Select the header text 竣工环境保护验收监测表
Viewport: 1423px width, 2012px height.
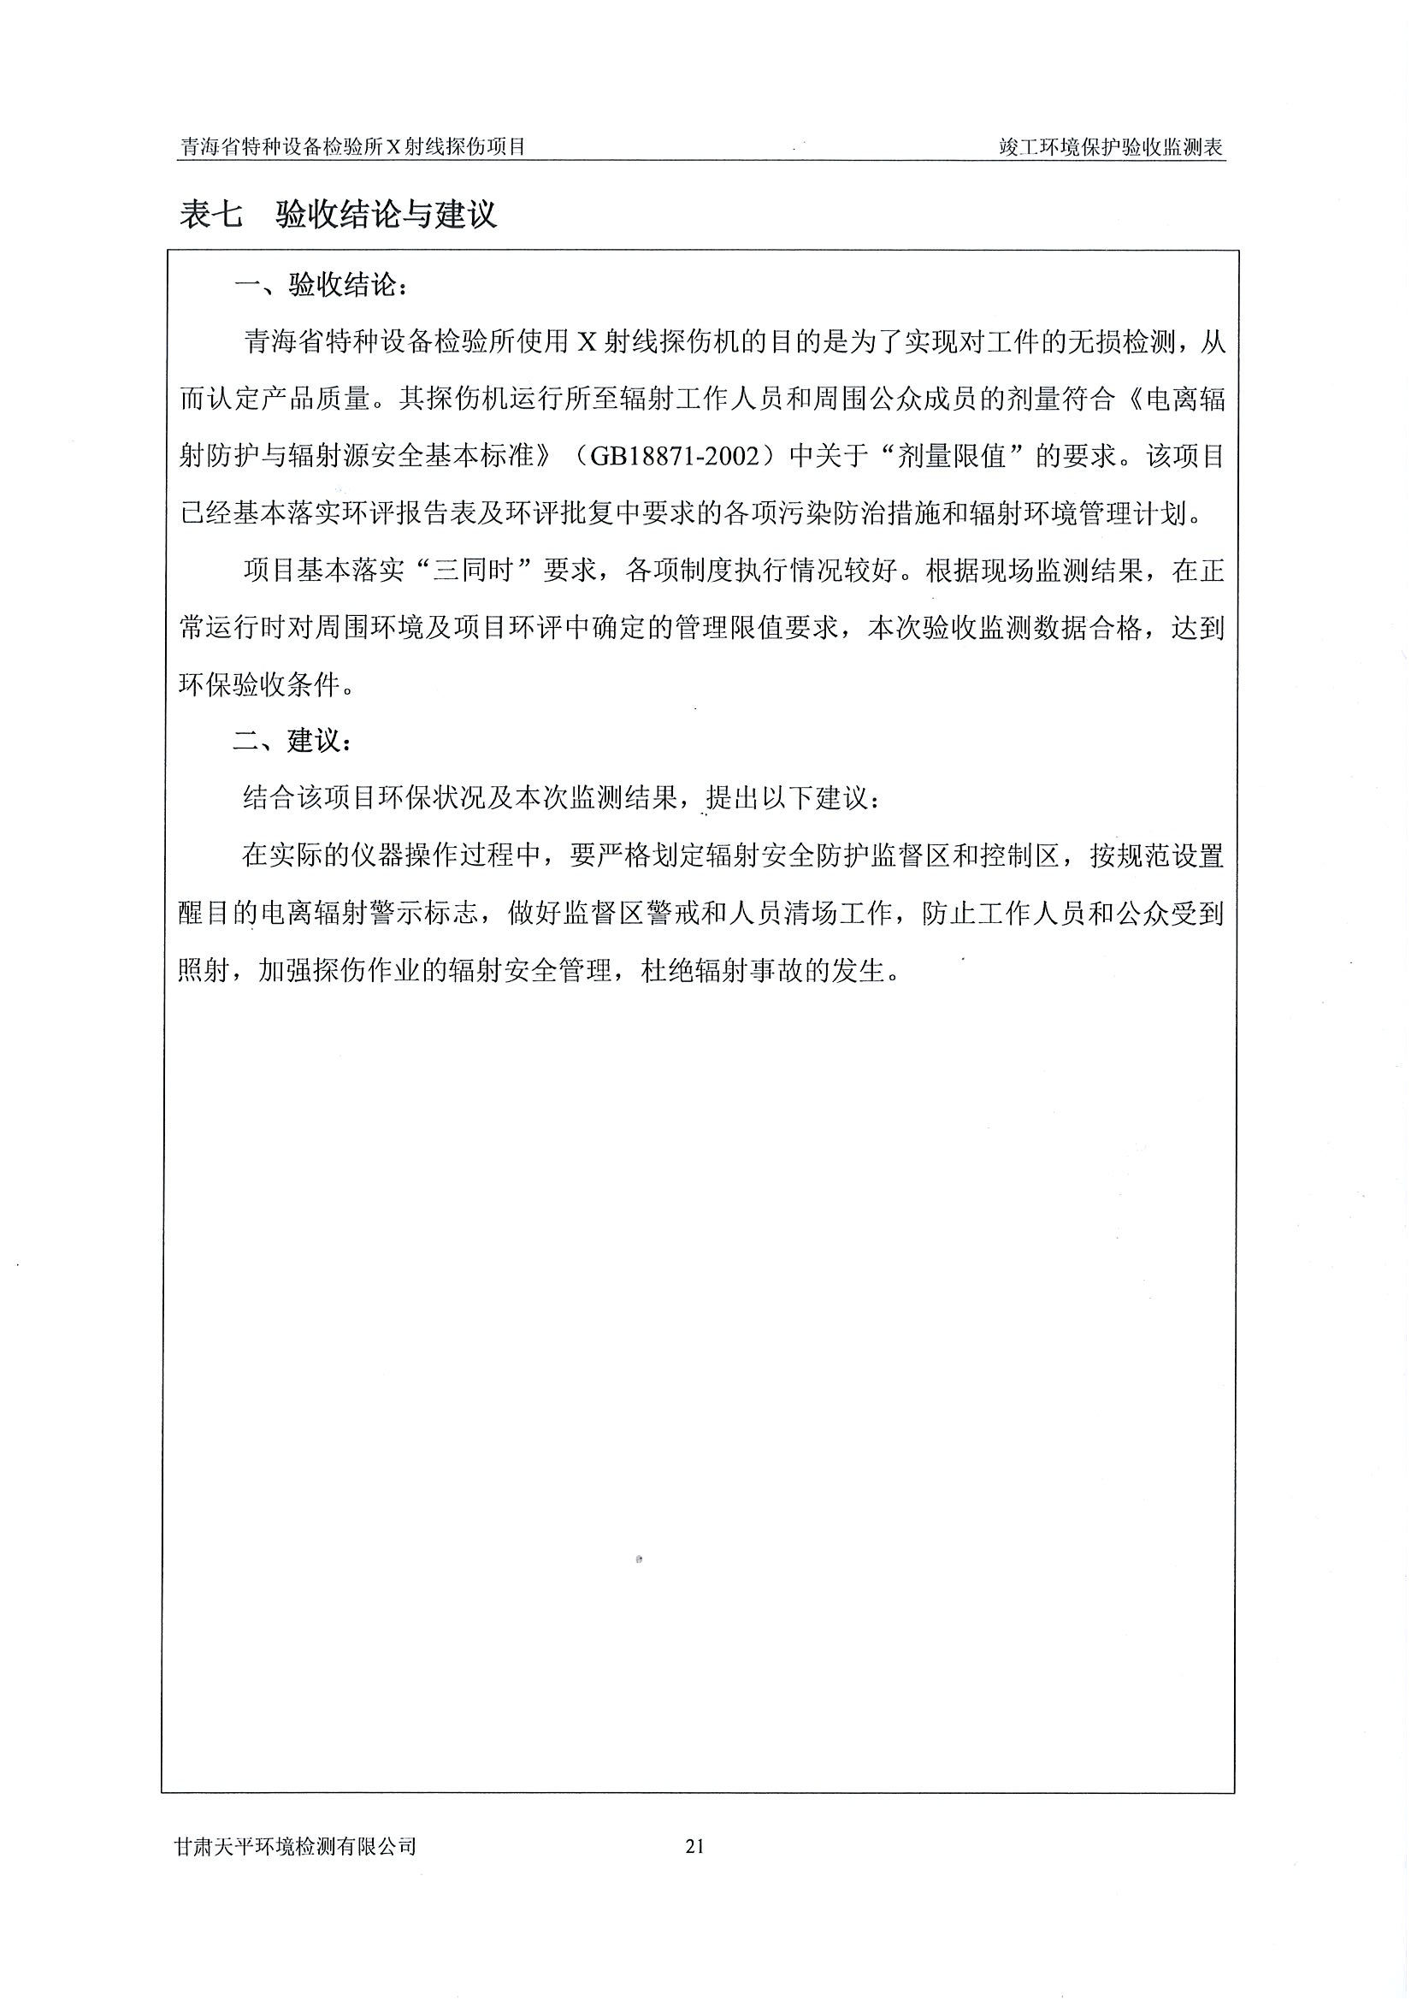tap(1111, 147)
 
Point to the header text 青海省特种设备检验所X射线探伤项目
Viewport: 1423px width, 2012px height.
tap(352, 147)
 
